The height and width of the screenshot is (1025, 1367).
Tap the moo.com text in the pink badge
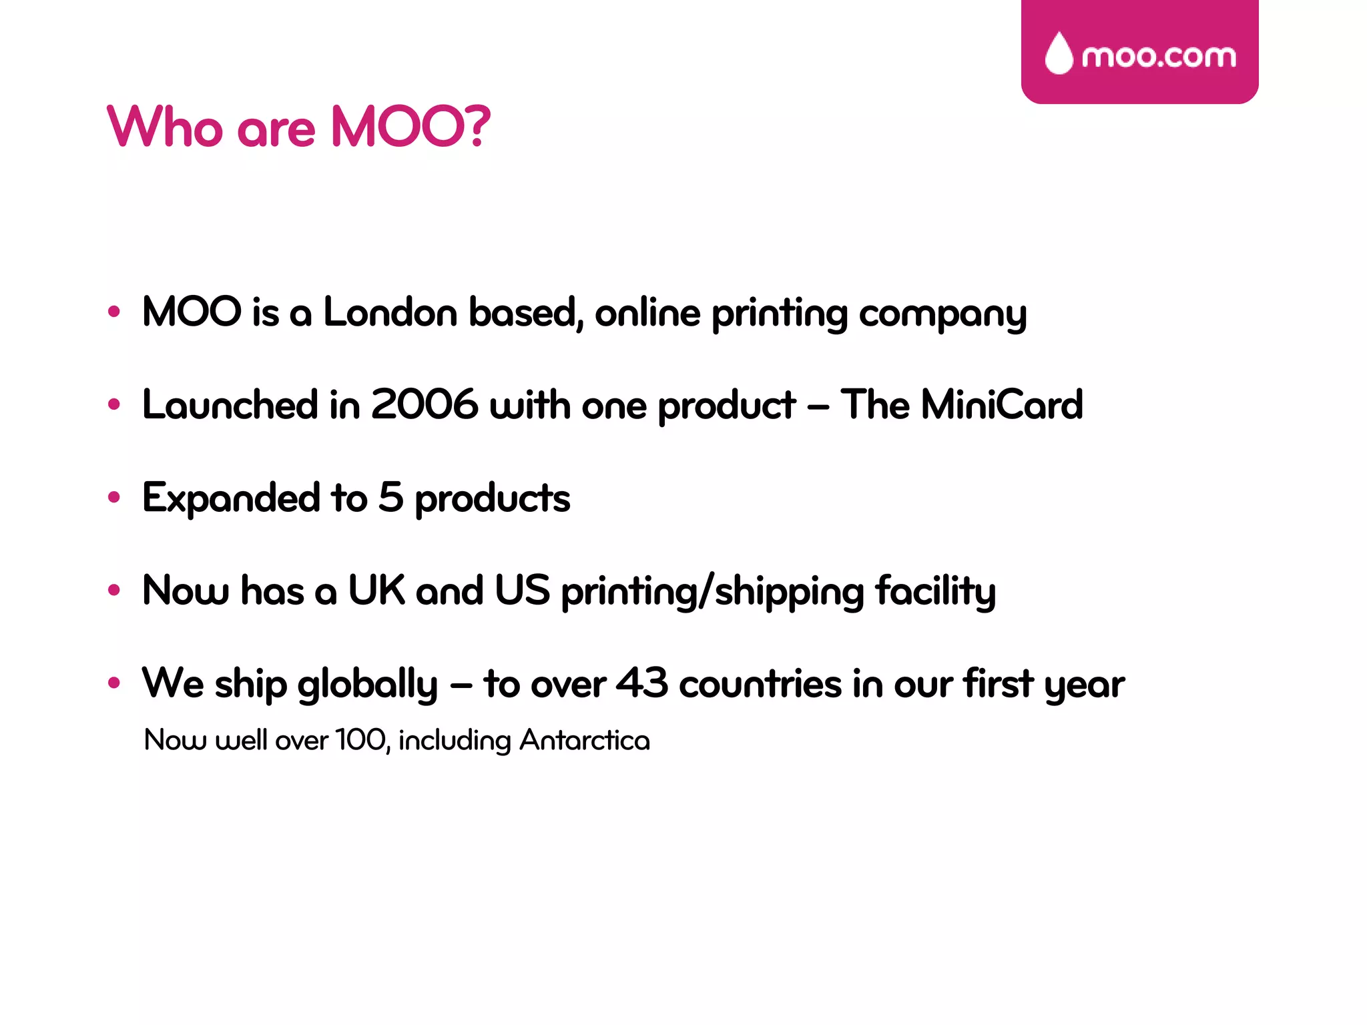pos(1159,57)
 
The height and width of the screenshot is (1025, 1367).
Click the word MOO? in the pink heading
pos(411,127)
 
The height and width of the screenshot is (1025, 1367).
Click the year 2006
pos(425,404)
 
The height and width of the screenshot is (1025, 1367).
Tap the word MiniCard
pos(1001,404)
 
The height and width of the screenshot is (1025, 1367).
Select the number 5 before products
pos(391,497)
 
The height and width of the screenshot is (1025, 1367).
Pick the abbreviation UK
pos(376,591)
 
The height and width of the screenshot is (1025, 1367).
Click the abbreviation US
pos(522,591)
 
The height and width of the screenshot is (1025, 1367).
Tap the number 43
pos(641,683)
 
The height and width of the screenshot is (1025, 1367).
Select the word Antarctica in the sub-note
pos(585,740)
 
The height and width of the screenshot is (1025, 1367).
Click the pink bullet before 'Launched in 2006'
pos(114,404)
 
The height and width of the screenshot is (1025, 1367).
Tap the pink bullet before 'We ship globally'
pos(114,683)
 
